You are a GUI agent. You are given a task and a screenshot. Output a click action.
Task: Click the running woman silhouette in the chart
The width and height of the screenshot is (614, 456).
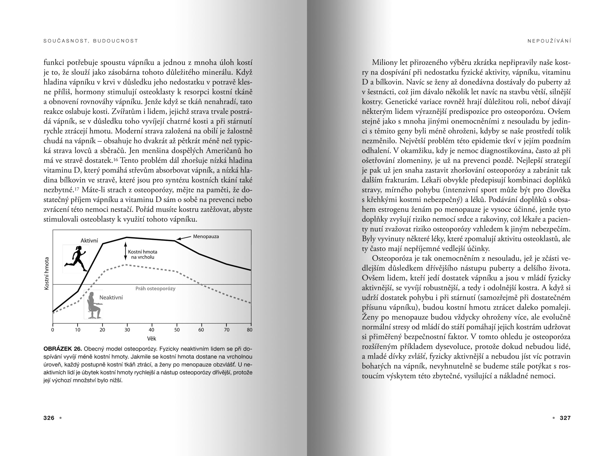coord(76,259)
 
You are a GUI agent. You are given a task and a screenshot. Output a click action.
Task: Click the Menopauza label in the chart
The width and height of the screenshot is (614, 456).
coord(206,236)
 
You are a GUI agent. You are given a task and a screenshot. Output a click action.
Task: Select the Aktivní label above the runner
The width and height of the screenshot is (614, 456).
coord(89,241)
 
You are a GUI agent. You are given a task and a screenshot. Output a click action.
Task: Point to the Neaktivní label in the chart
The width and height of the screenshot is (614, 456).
coord(111,298)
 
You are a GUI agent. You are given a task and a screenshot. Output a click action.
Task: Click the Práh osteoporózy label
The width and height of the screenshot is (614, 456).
coord(155,288)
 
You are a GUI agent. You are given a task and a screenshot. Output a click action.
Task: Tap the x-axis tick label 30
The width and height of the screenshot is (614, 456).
coord(127,330)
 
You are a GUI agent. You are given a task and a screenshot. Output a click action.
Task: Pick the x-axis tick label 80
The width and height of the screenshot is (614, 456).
coord(250,330)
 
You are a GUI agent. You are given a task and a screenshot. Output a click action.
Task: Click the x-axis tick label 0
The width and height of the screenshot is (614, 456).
coord(53,330)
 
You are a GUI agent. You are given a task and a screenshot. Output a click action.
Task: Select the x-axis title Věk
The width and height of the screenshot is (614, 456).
coord(152,338)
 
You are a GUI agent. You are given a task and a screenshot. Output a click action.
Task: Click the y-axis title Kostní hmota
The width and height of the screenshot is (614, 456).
coord(47,274)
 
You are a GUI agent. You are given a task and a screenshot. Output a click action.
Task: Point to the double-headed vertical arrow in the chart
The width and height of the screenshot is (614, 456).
coord(125,251)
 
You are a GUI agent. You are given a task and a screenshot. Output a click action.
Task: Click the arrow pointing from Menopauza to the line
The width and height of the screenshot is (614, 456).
coord(184,238)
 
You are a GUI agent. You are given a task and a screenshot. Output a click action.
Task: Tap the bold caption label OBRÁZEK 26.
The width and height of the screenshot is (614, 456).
coord(63,349)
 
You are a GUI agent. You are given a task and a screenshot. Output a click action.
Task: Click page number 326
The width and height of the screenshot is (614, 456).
coord(49,418)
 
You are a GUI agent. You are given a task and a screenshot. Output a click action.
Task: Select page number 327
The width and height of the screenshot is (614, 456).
coord(565,418)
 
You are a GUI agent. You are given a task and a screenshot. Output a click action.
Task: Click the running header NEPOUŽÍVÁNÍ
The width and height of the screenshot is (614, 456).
coord(549,41)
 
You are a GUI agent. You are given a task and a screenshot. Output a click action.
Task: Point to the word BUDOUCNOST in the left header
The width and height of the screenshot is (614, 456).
coord(115,41)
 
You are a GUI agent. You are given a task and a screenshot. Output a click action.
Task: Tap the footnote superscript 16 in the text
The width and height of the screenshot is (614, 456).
coord(115,159)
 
